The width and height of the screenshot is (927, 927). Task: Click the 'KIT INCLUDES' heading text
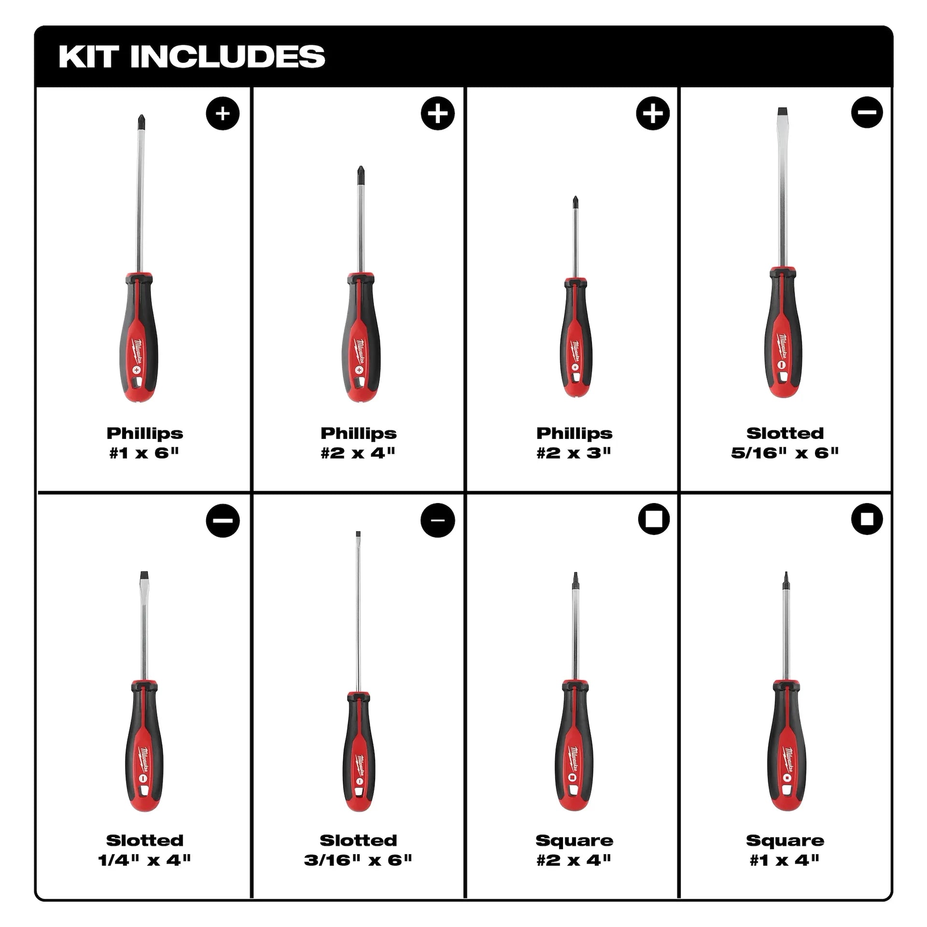click(192, 56)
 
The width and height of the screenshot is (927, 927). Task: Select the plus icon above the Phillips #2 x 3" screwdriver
click(653, 113)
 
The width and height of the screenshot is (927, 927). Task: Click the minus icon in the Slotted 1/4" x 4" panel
click(223, 520)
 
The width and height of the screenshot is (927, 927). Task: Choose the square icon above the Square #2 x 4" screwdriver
click(654, 519)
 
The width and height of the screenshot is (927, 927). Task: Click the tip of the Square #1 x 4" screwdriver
click(786, 576)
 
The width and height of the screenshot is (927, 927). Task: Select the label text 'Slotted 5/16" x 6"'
click(785, 443)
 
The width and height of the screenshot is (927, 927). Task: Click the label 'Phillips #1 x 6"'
click(144, 443)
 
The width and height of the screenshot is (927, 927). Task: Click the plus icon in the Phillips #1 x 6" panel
click(223, 113)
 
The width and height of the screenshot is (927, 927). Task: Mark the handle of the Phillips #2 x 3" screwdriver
click(575, 338)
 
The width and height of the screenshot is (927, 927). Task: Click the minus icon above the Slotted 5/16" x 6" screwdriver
click(867, 112)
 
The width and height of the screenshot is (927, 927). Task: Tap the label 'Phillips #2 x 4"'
click(358, 443)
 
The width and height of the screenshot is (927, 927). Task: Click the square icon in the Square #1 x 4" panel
click(867, 519)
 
